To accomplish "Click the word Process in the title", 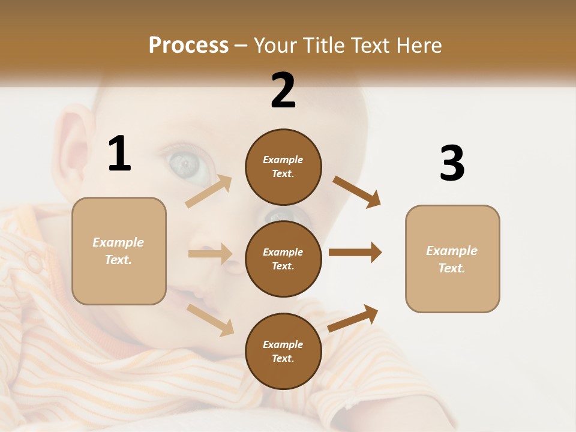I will pyautogui.click(x=188, y=45).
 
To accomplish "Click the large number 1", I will pyautogui.click(x=119, y=154).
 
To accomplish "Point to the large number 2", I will pyautogui.click(x=283, y=91).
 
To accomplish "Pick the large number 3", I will pyautogui.click(x=452, y=163).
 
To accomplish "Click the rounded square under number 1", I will pyautogui.click(x=119, y=251).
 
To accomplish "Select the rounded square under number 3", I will pyautogui.click(x=452, y=259).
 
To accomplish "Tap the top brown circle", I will pyautogui.click(x=283, y=167).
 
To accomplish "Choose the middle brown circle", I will pyautogui.click(x=283, y=259).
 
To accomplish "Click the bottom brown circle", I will pyautogui.click(x=283, y=352).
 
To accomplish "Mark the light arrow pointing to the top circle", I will pyautogui.click(x=209, y=191).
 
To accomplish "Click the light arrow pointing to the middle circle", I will pyautogui.click(x=210, y=254).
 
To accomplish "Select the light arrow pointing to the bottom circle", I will pyautogui.click(x=211, y=320).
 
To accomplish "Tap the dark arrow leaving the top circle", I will pyautogui.click(x=357, y=192).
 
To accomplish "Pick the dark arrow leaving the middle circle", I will pyautogui.click(x=355, y=253).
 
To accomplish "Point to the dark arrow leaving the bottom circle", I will pyautogui.click(x=353, y=318).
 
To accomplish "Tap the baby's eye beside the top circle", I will pyautogui.click(x=187, y=165).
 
